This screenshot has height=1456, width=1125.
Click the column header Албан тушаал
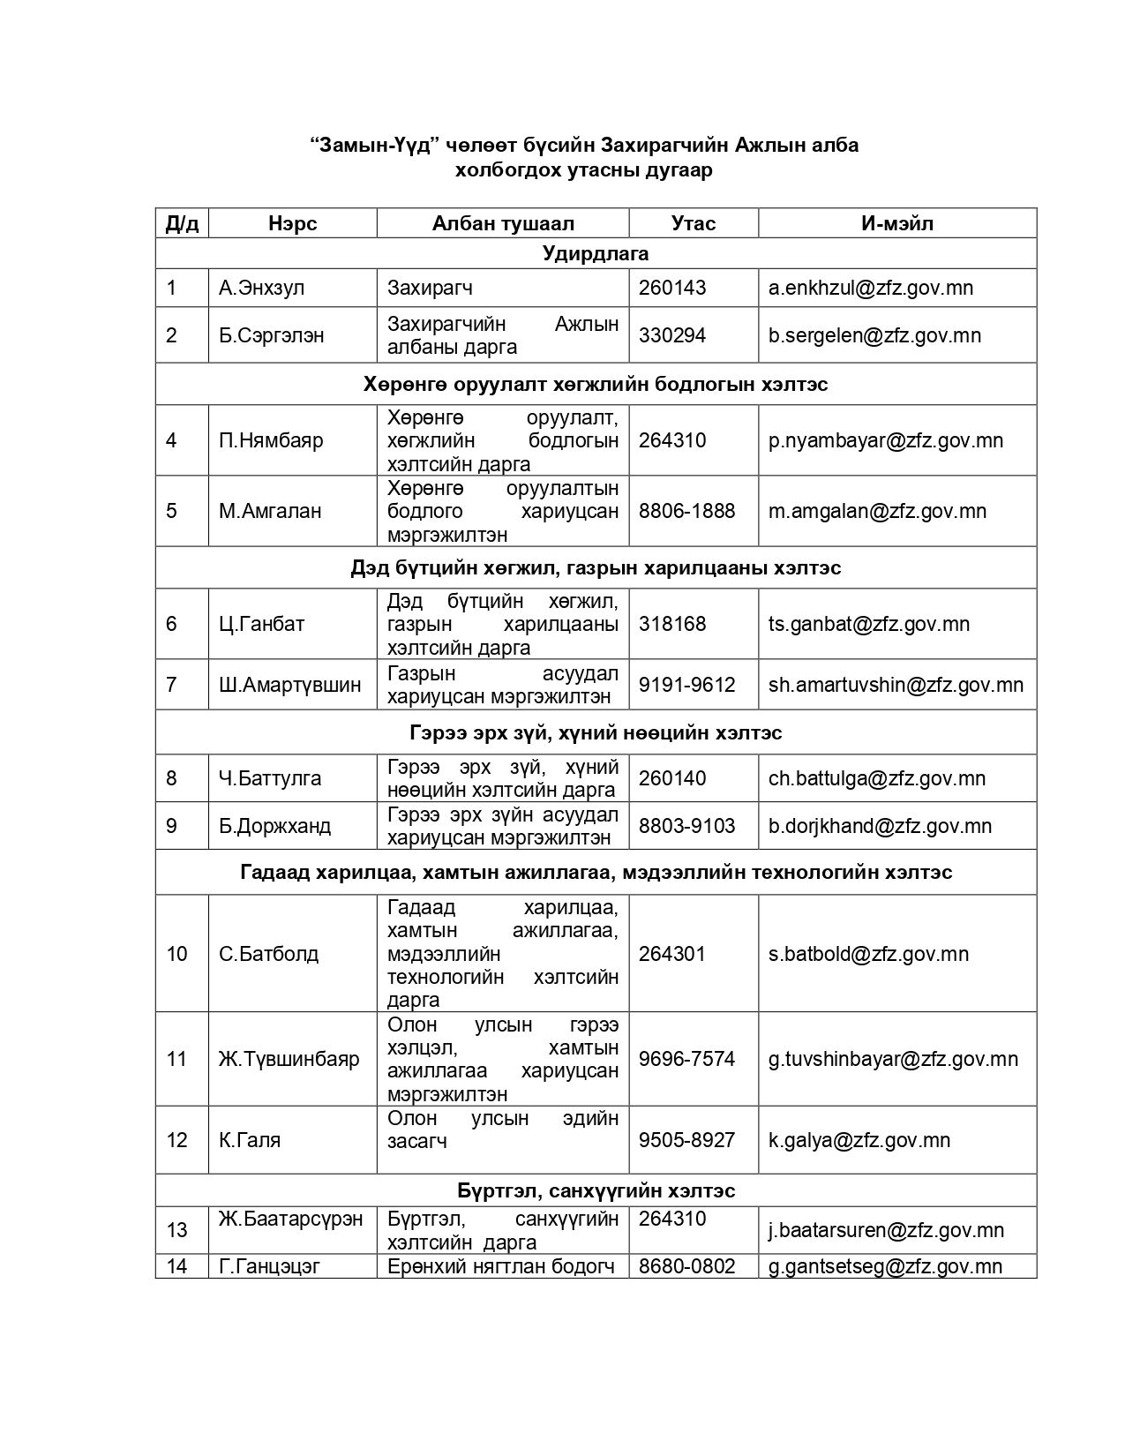[x=503, y=223]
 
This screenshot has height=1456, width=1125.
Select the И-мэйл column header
[x=896, y=223]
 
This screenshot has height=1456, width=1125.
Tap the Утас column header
[x=693, y=223]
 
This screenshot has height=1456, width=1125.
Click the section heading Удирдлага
[x=596, y=254]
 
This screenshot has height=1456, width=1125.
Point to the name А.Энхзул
[x=261, y=288]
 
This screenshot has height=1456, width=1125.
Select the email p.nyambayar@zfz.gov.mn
[x=885, y=440]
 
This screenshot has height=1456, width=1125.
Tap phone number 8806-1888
[x=686, y=511]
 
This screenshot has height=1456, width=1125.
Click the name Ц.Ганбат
[x=261, y=624]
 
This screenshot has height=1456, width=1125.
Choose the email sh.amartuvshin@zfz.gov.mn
[x=896, y=685]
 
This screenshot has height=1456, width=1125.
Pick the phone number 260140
[x=671, y=778]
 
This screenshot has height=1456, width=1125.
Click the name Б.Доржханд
[x=274, y=826]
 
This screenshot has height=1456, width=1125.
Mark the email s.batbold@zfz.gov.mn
[x=868, y=954]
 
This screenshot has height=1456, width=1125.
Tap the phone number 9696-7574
[x=686, y=1059]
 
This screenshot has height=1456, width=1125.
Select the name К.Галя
[x=250, y=1140]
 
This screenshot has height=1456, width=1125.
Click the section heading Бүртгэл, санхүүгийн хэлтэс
[x=596, y=1190]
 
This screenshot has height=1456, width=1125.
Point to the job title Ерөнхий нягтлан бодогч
[x=501, y=1266]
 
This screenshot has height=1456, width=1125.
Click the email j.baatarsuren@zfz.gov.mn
[x=886, y=1230]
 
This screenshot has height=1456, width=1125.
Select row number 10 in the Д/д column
[x=177, y=954]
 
